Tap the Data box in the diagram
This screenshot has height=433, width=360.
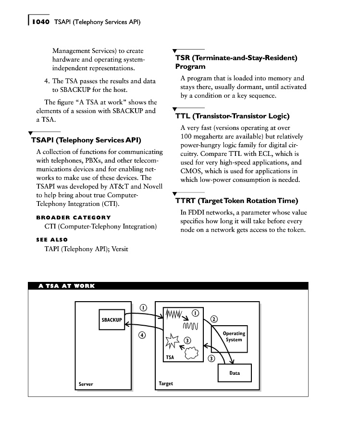click(235, 373)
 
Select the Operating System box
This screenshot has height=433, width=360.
click(234, 336)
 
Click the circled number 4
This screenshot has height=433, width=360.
click(143, 336)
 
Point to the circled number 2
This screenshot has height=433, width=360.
click(214, 318)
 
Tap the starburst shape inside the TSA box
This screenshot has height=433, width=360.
click(172, 343)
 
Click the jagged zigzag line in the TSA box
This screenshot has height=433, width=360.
click(174, 315)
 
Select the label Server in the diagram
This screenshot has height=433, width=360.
click(86, 384)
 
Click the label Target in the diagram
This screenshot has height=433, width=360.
click(166, 383)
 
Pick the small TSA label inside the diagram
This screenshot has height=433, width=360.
click(170, 357)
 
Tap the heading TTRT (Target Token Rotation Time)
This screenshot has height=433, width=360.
click(236, 201)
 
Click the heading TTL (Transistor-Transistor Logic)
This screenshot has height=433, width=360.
click(232, 116)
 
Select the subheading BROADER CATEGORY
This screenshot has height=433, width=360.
click(74, 217)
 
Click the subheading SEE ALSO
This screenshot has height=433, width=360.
click(52, 240)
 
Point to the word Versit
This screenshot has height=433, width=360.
click(120, 249)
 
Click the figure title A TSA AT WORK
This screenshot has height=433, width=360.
click(66, 286)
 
